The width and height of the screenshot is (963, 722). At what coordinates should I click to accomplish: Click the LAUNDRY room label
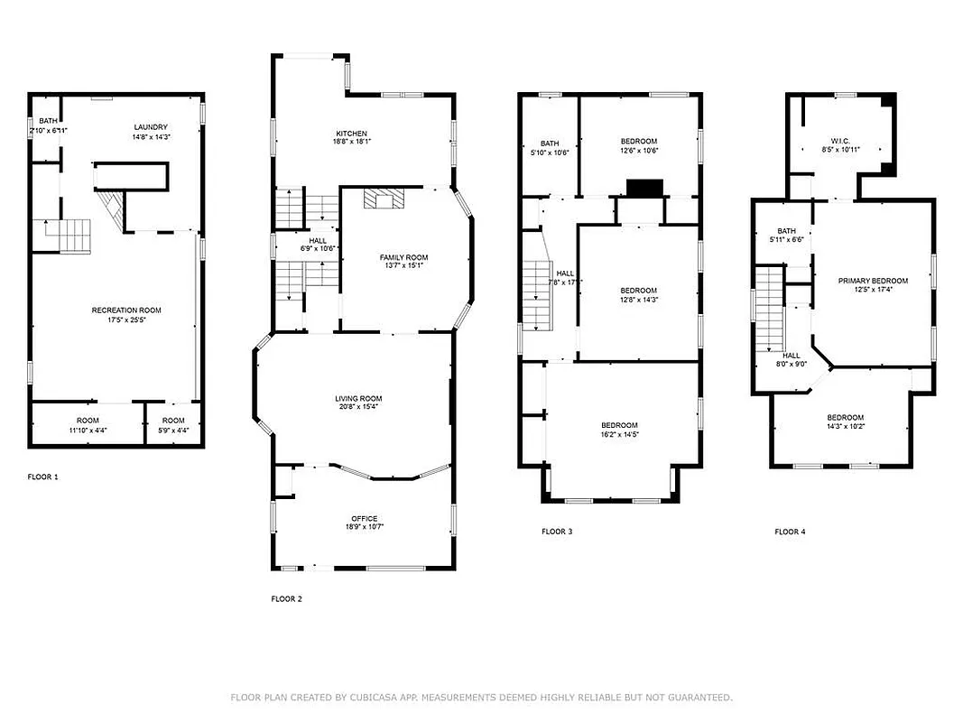tap(151, 127)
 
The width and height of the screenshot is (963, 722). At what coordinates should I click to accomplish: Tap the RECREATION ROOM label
tap(126, 310)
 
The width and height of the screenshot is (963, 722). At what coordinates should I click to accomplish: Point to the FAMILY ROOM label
tap(403, 258)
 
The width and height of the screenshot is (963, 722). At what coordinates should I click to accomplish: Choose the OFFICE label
tap(365, 518)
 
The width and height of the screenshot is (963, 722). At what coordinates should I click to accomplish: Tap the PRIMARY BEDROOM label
tap(872, 281)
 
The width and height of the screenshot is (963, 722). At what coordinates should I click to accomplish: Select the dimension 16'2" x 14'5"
tap(620, 434)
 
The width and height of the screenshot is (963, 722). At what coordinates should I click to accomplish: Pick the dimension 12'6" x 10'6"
tap(638, 151)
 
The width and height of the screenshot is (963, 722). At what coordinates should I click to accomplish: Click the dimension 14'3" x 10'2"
tap(846, 426)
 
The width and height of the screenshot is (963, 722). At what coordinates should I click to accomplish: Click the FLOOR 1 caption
tap(42, 477)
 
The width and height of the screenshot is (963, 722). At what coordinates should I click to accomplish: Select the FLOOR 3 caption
tap(557, 532)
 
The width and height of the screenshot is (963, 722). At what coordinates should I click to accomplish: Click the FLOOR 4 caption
tap(790, 532)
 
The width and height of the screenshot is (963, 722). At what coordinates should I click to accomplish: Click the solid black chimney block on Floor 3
tap(644, 188)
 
